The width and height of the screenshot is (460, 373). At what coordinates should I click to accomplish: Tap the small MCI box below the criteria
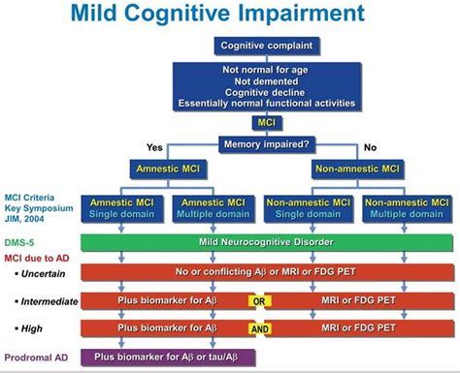click(x=264, y=124)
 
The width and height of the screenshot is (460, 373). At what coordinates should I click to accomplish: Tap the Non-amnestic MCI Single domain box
click(x=311, y=207)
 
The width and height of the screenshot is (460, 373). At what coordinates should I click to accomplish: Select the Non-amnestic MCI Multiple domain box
click(x=405, y=207)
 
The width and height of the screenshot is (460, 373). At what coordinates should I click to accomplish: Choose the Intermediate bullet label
click(x=45, y=301)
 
